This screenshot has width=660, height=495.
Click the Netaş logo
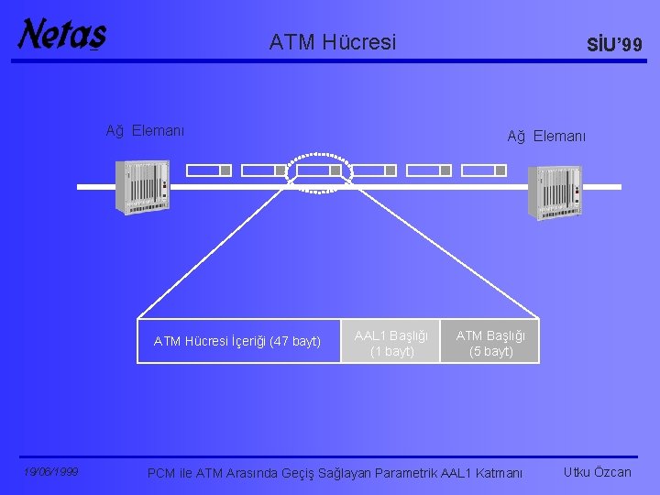click(61, 35)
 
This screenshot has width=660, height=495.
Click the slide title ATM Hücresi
click(333, 42)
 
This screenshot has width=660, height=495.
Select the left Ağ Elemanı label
click(145, 130)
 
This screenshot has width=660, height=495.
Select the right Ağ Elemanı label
click(547, 137)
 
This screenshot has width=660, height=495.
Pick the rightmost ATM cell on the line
click(483, 170)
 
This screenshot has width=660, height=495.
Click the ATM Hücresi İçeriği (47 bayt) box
click(237, 342)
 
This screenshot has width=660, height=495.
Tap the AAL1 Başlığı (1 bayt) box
click(391, 342)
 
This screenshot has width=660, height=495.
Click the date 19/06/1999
click(51, 472)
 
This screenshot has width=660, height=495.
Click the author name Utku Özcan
click(598, 472)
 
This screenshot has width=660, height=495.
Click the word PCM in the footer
click(161, 473)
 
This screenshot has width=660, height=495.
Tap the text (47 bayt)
click(295, 342)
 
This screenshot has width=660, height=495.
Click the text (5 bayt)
click(490, 351)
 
